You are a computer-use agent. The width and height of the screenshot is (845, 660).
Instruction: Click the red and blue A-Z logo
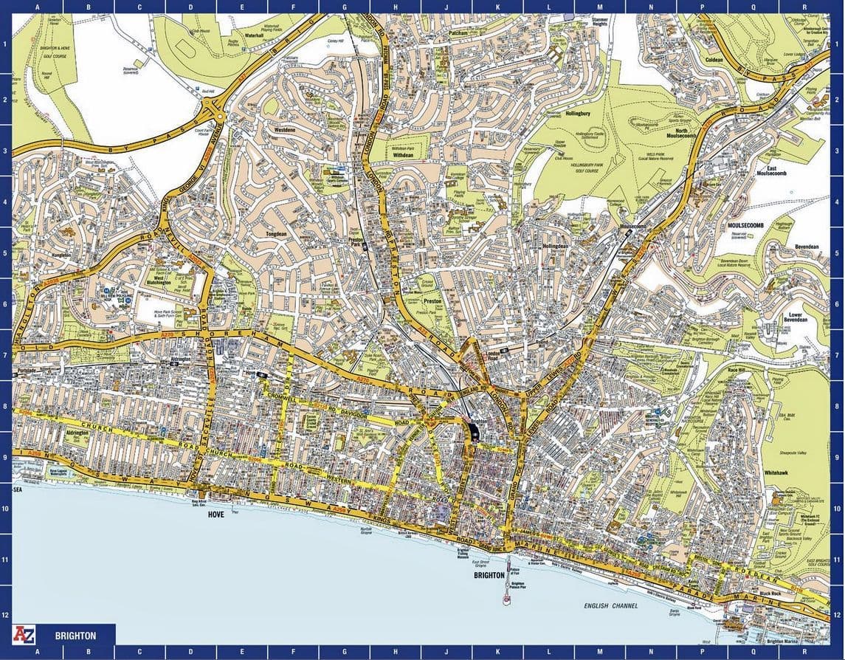[24, 635]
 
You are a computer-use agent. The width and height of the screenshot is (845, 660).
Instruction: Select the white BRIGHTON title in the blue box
[75, 636]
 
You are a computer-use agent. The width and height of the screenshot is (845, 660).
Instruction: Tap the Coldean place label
[714, 59]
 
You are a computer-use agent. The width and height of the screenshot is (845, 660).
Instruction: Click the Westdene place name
[285, 129]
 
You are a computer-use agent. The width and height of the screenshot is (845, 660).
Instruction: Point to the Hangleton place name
[60, 255]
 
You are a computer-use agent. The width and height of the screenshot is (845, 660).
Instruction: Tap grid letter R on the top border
[804, 7]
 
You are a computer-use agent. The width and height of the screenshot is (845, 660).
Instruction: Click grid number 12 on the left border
[5, 615]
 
